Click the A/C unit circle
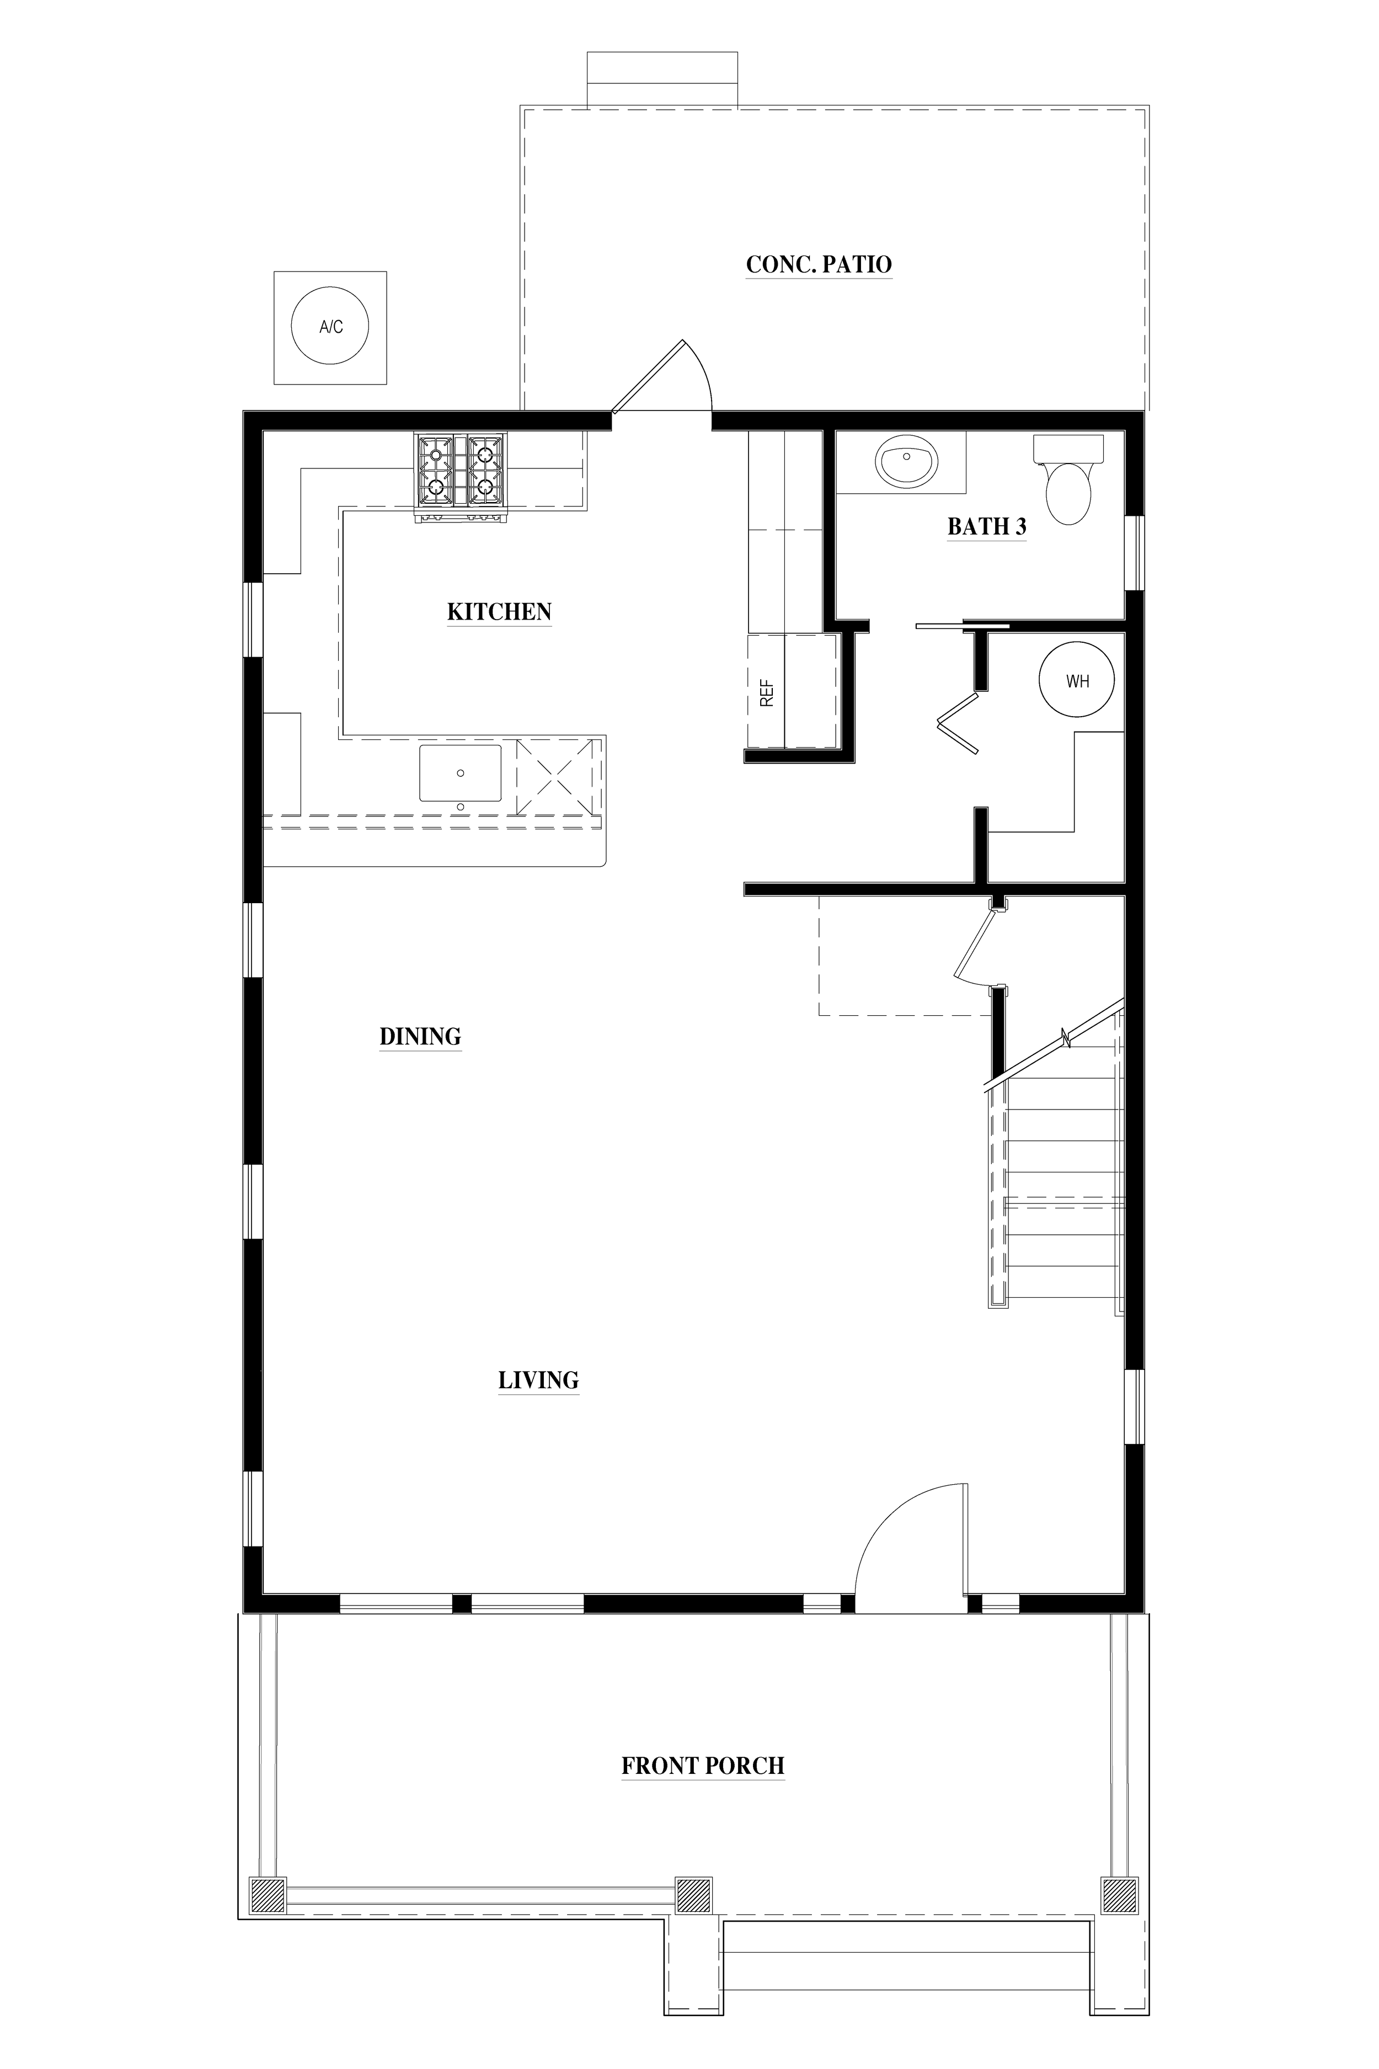[330, 327]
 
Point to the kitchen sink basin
[460, 772]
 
